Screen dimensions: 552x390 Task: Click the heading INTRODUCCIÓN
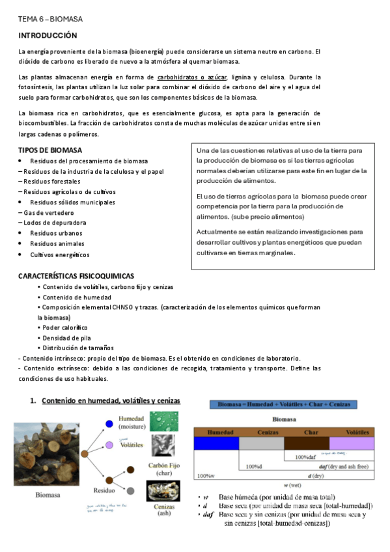click(x=48, y=35)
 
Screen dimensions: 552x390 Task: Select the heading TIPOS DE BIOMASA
click(x=50, y=150)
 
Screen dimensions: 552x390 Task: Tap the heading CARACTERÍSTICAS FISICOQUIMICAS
click(x=76, y=277)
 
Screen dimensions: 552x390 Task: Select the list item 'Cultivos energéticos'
click(x=60, y=255)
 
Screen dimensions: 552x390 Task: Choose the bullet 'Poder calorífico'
click(x=65, y=327)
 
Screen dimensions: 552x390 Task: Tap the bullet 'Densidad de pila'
click(x=65, y=338)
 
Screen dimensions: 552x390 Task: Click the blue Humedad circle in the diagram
click(x=109, y=425)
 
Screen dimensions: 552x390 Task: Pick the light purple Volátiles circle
click(x=109, y=445)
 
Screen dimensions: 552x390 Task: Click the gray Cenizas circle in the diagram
click(x=130, y=490)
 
